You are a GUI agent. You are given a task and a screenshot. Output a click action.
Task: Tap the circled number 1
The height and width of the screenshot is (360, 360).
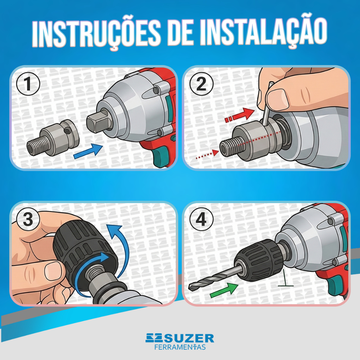coord(28,84)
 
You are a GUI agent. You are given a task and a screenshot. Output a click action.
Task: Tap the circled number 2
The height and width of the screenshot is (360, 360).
coord(201,84)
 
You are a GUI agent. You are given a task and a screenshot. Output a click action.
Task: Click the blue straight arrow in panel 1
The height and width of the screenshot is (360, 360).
coord(88,151)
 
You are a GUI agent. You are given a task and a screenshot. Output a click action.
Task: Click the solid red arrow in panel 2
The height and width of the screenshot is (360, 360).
coord(240,115)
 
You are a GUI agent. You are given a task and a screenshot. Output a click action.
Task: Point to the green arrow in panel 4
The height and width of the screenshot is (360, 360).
coord(224,290)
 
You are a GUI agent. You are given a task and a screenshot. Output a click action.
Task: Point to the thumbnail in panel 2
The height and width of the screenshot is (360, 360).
coord(278,99)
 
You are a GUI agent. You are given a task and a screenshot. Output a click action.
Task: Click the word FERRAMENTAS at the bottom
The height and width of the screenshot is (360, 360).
coord(180,347)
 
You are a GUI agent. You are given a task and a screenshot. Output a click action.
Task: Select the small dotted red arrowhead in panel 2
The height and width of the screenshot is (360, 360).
coord(216,153)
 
